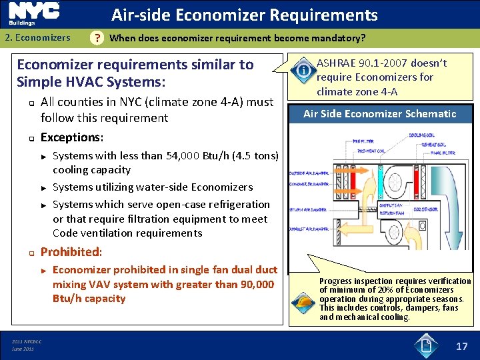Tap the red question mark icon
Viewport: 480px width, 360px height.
97,38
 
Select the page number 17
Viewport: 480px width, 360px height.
461,345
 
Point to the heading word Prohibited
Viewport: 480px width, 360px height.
71,252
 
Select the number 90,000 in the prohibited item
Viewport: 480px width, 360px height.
252,284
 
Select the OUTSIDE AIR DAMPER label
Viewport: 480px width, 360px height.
310,173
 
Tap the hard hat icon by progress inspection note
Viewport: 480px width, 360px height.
304,304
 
